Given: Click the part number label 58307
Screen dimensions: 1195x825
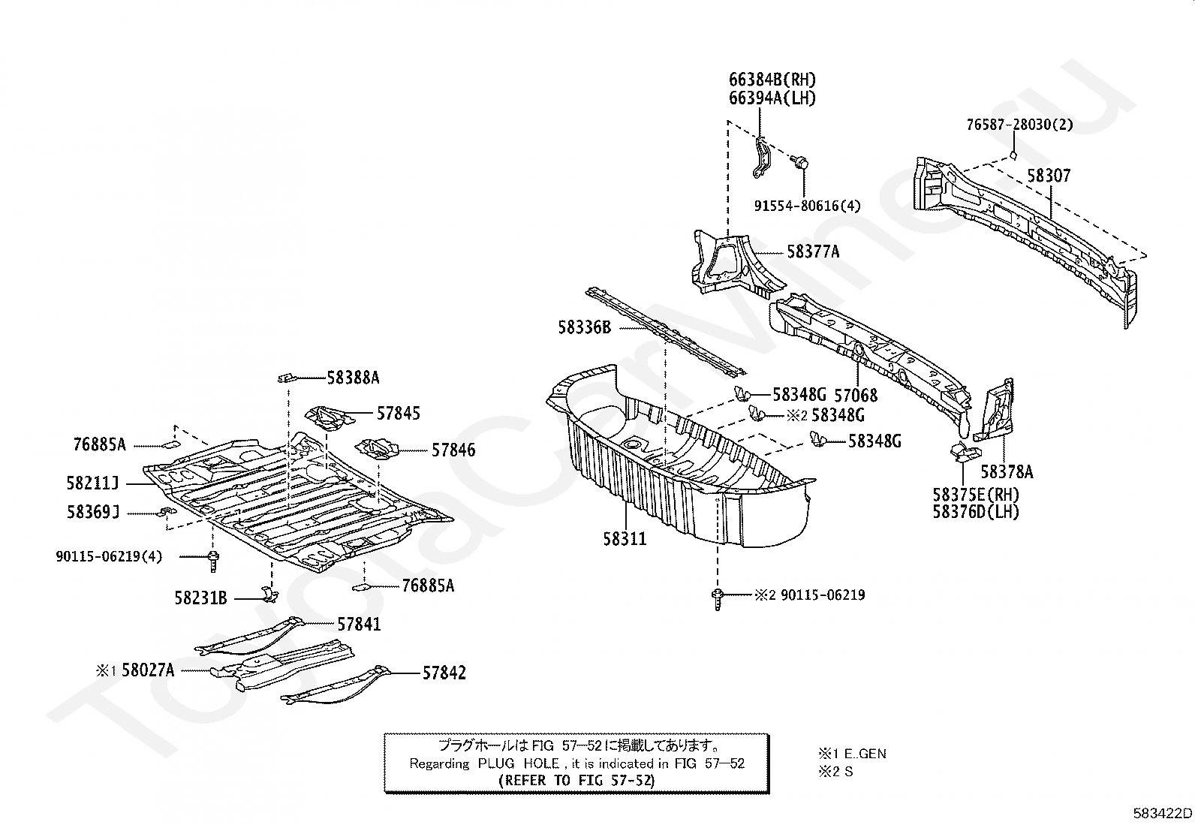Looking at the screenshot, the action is (1049, 176).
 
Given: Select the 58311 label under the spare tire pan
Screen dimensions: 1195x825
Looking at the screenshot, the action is (625, 539).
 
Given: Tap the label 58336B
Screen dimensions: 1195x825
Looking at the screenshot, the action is (584, 327).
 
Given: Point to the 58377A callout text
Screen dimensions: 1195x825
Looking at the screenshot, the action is (813, 252).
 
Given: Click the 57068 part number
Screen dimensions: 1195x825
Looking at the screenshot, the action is (856, 396).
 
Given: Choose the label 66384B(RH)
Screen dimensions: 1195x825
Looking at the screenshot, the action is (772, 80).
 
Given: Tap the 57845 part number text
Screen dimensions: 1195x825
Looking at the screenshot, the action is (399, 414).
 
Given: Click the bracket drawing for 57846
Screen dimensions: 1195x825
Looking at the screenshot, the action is (377, 449).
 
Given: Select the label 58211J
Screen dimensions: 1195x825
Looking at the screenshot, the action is (92, 483).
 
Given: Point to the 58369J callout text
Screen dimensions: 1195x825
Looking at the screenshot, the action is (93, 512).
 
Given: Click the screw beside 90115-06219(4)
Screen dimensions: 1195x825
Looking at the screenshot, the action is (213, 562).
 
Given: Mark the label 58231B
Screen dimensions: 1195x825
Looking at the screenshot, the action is (200, 598).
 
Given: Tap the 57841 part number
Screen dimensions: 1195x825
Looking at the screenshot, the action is (359, 625).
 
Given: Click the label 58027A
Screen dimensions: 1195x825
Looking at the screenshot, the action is (148, 670).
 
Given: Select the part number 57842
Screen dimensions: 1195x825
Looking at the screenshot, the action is (444, 673).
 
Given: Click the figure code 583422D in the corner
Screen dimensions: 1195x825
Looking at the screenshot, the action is (1163, 813).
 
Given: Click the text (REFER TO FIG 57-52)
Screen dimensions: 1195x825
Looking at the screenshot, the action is (576, 780).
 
